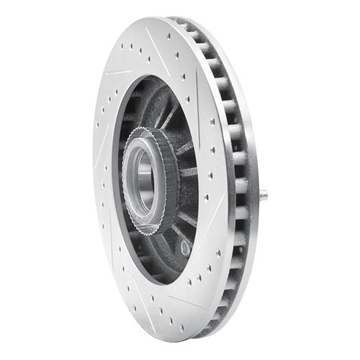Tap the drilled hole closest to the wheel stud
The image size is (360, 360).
click(219, 192)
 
